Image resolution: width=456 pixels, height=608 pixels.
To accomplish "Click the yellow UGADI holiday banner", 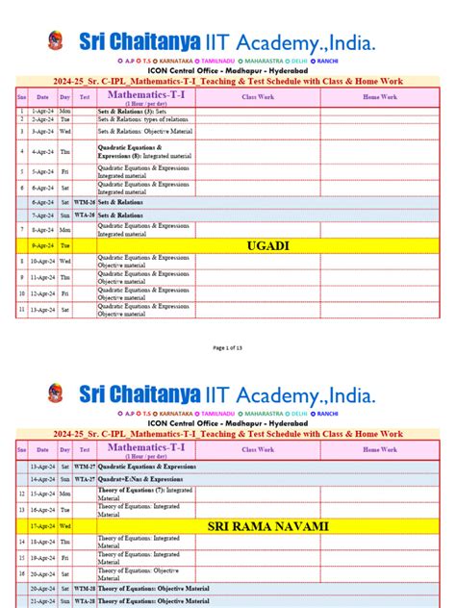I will pyautogui.click(x=268, y=246).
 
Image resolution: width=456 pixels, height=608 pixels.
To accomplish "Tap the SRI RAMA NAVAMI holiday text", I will pyautogui.click(x=268, y=526).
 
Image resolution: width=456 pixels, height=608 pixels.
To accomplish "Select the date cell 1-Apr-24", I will pyautogui.click(x=42, y=112).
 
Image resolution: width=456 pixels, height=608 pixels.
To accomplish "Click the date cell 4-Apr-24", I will pyautogui.click(x=42, y=151).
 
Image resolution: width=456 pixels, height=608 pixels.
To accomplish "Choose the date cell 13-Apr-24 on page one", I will pyautogui.click(x=42, y=310).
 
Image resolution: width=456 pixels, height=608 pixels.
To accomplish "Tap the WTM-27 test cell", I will pyautogui.click(x=85, y=466).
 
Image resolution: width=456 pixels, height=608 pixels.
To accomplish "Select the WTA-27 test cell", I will pyautogui.click(x=85, y=478).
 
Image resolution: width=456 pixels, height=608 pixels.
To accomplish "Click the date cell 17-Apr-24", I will pyautogui.click(x=42, y=526).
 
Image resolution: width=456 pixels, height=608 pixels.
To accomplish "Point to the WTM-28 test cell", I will pyautogui.click(x=85, y=588).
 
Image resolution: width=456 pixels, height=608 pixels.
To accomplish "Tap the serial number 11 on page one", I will pyautogui.click(x=21, y=310).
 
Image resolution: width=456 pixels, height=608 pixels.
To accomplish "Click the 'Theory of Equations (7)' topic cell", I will pyautogui.click(x=144, y=493).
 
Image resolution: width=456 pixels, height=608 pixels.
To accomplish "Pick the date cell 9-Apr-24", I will pyautogui.click(x=42, y=246).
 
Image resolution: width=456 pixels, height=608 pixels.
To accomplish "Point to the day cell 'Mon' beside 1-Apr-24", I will pyautogui.click(x=64, y=112).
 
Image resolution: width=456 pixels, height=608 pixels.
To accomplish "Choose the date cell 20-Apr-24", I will pyautogui.click(x=42, y=588).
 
